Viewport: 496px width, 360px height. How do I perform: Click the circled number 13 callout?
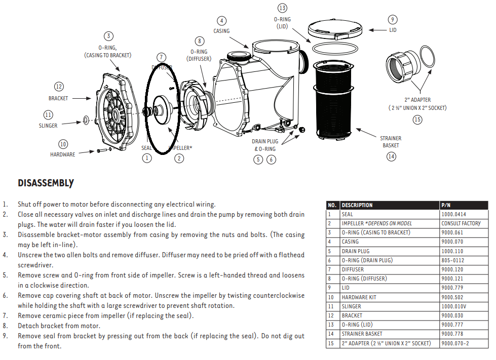coord(282,8)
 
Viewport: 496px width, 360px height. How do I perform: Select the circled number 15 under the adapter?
coord(417,119)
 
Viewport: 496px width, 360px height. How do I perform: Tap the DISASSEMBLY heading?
coord(46,183)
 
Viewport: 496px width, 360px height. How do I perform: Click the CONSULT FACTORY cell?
coord(461,223)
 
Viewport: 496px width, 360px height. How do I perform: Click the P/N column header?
coord(446,205)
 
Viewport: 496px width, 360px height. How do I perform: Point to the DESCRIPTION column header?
coord(357,205)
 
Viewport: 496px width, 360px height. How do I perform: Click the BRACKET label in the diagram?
coord(58,98)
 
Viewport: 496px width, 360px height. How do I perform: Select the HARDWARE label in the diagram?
coord(62,154)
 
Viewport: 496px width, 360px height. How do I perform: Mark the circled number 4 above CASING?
coord(221,21)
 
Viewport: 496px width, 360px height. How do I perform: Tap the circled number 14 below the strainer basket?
coord(391,156)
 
